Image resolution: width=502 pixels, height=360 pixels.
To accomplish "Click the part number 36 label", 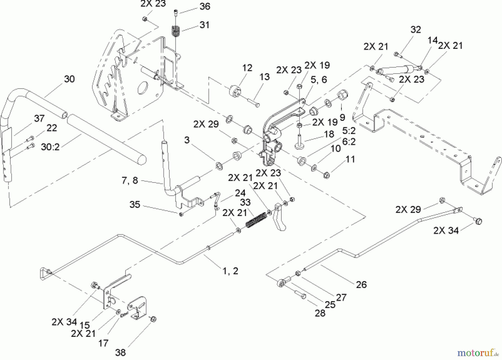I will (x=205, y=6).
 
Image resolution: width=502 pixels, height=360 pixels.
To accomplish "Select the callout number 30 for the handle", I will (x=69, y=79).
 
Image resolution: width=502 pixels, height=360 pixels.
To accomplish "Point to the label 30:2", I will (x=50, y=147).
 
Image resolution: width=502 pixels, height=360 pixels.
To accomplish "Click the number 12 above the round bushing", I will (x=247, y=68).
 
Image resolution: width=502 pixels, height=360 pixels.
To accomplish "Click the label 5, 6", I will (x=319, y=80).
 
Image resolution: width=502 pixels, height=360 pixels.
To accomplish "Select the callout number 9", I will (x=342, y=117).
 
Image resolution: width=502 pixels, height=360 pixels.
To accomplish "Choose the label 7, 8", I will (x=130, y=181).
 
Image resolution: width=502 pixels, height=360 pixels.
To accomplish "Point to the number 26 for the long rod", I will (x=361, y=285).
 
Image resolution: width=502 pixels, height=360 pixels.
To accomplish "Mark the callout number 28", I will (x=320, y=313).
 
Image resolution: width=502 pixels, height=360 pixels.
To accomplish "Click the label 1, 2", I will (x=230, y=271).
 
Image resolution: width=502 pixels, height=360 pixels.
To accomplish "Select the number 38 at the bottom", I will (x=120, y=352).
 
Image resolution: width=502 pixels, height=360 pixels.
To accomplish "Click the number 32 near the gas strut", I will (x=416, y=29).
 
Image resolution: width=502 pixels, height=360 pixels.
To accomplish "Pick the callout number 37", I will (x=39, y=118).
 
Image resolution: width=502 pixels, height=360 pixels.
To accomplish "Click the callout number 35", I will (x=135, y=205).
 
